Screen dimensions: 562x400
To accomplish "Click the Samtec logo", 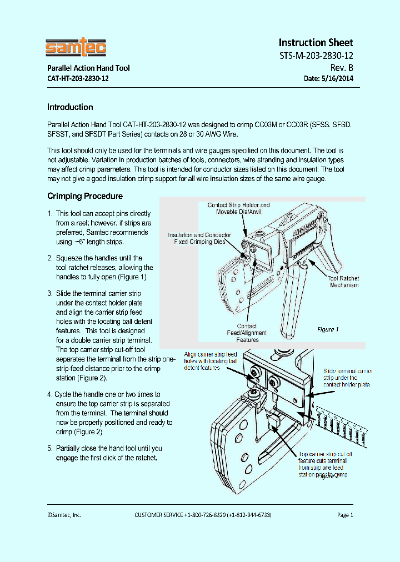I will click(x=76, y=48).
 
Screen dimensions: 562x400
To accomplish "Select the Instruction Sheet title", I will click(x=315, y=43).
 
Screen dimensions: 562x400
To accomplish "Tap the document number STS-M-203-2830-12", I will click(x=316, y=56).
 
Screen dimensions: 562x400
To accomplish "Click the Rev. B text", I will click(x=342, y=68).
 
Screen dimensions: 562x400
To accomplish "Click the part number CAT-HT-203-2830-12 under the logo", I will click(x=78, y=78).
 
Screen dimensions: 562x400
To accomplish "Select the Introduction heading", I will click(x=70, y=107).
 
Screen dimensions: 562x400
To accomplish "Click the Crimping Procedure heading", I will click(x=85, y=196).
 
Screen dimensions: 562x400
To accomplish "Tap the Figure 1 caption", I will click(x=328, y=329).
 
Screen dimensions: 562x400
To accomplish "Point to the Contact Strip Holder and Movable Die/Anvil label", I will click(x=239, y=209).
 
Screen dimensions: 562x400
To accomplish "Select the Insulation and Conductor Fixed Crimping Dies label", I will click(x=199, y=239).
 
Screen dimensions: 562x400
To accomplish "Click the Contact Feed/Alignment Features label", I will click(x=247, y=333).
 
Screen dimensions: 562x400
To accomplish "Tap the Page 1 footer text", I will click(x=345, y=515).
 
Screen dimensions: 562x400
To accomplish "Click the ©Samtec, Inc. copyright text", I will click(x=64, y=515).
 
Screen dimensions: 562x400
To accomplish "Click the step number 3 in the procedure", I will click(x=50, y=293).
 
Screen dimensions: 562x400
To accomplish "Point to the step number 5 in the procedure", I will click(x=50, y=448).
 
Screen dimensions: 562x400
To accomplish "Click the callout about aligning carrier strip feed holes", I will click(x=211, y=361).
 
